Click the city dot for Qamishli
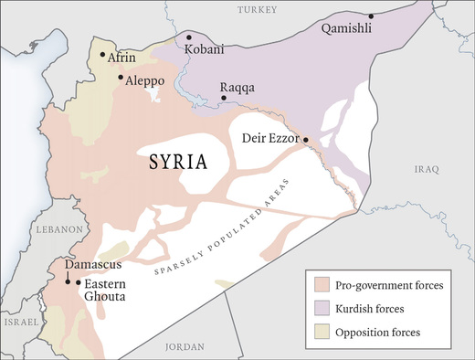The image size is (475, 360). (x=371, y=16)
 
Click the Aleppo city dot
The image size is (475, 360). (x=121, y=78)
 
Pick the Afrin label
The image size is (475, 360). (x=121, y=58)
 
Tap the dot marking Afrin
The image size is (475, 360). (x=102, y=55)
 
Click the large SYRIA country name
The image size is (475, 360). (x=177, y=163)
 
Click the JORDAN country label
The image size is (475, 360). (x=185, y=347)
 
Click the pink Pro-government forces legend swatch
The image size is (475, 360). (x=318, y=285)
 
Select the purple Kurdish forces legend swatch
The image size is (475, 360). (x=318, y=308)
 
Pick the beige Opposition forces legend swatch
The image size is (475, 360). (x=318, y=331)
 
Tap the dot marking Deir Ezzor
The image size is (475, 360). (x=306, y=140)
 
